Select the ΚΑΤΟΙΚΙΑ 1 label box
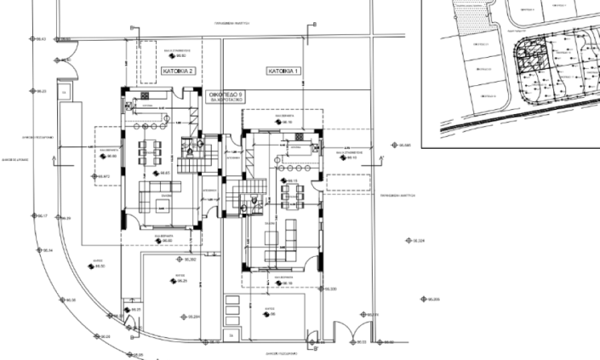(285, 71)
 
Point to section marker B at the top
(314, 24)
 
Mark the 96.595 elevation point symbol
(393, 146)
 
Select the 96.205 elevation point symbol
(423, 299)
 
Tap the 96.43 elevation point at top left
(32, 39)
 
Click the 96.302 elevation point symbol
(180, 260)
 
